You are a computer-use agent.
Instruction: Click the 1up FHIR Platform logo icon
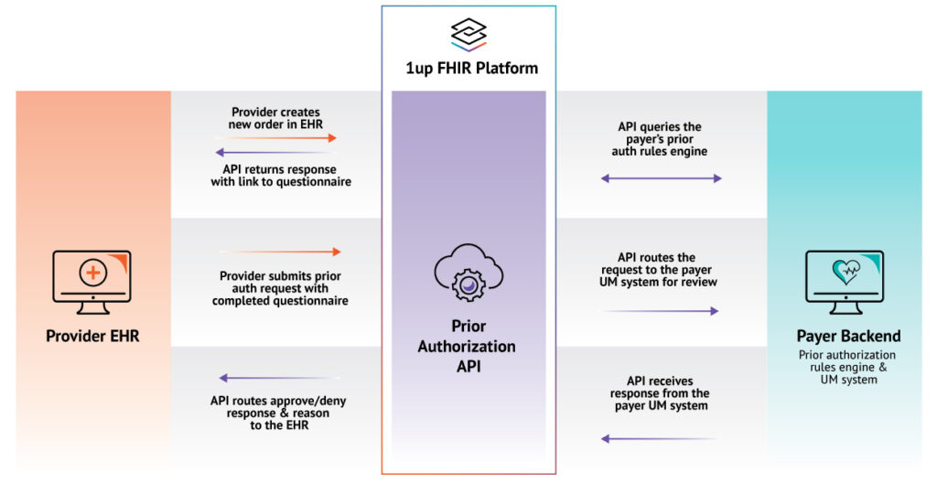click(468, 35)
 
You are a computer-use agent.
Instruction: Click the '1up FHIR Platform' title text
click(468, 68)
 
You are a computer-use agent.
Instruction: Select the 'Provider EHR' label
click(92, 337)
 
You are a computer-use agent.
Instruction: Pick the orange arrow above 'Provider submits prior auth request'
click(280, 252)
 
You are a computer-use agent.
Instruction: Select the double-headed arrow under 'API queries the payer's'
click(661, 178)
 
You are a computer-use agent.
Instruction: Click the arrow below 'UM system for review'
click(661, 311)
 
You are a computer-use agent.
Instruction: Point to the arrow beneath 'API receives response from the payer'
click(661, 439)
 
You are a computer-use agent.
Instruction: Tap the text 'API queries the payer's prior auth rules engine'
click(660, 139)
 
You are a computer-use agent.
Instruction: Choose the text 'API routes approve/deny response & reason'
click(278, 407)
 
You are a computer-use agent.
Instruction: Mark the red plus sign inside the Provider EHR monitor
click(92, 272)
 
